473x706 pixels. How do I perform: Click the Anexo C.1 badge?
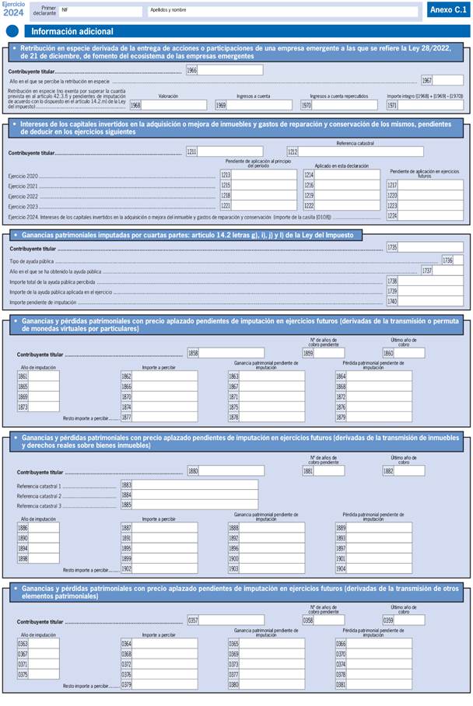coord(447,10)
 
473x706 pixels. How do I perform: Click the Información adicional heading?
coord(72,32)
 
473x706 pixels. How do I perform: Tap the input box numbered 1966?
coord(230,71)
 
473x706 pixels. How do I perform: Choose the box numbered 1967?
coord(447,81)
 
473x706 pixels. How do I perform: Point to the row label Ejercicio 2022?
coord(23,197)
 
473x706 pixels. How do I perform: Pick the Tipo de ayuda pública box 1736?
coord(457,260)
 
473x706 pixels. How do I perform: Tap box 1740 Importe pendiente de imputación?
coord(430,301)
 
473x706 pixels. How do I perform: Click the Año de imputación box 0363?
coord(44,644)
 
